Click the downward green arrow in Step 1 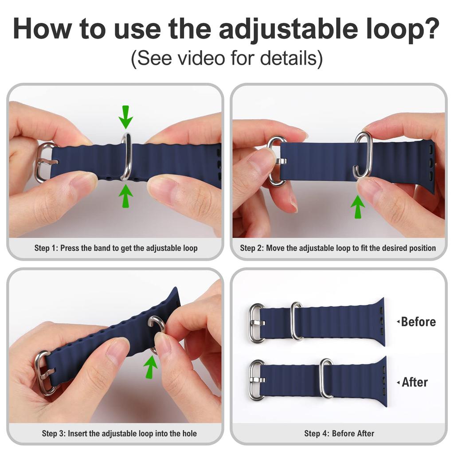pyautogui.click(x=126, y=117)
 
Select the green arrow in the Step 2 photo pyautogui.click(x=357, y=206)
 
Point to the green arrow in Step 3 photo pyautogui.click(x=151, y=366)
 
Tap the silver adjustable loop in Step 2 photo pyautogui.click(x=363, y=155)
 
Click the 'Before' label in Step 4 pyautogui.click(x=418, y=321)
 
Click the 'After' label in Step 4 pyautogui.click(x=415, y=382)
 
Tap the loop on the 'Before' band pyautogui.click(x=296, y=321)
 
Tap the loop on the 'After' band pyautogui.click(x=326, y=378)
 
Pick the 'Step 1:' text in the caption pyautogui.click(x=46, y=248)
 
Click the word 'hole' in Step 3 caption pyautogui.click(x=188, y=433)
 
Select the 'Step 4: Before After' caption pyautogui.click(x=339, y=433)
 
